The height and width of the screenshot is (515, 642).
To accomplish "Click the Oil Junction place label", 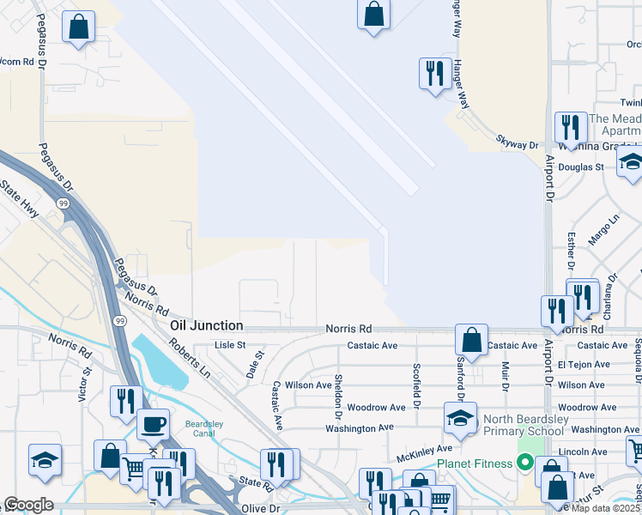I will coord(206,326).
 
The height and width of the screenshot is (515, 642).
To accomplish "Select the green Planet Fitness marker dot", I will coord(525,463).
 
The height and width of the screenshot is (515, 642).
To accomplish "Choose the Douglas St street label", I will coord(582,167).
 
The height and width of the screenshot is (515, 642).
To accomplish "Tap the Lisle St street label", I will coord(230,345).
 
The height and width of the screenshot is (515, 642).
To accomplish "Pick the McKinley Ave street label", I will coord(424,449).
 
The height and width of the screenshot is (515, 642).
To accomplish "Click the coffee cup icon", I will coord(154,424).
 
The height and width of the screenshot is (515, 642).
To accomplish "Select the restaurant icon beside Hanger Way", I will coord(435,73).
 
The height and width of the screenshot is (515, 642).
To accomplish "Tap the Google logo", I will coord(28,505).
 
